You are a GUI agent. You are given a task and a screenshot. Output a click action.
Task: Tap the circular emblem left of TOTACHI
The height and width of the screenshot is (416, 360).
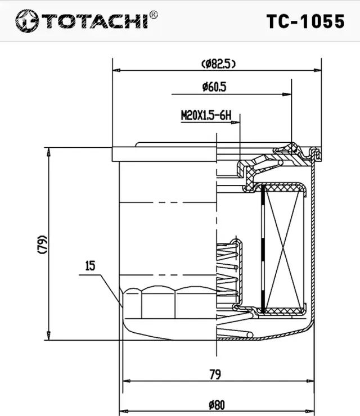coord(26,21)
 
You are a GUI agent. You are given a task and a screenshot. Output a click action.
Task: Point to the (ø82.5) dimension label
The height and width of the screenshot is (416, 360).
coord(217,64)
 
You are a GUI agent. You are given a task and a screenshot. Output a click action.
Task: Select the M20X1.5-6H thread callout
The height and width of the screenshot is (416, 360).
coord(206,116)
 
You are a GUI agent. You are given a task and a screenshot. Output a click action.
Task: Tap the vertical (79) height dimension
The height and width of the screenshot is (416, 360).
coord(43,244)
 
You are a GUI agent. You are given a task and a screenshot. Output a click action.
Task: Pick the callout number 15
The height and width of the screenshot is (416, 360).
coord(90,266)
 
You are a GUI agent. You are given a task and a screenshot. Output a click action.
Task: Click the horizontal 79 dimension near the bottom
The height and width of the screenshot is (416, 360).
coord(215,373)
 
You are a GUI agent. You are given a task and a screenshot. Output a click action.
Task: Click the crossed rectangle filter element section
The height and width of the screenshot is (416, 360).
coord(284,250)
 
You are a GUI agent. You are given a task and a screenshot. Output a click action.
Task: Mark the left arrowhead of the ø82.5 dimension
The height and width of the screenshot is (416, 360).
coord(116,70)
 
